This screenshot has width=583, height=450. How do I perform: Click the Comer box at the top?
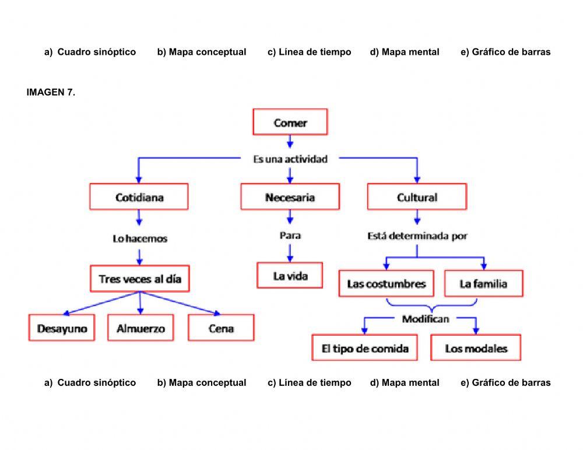(x=290, y=122)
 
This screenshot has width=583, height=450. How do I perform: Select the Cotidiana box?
(x=139, y=197)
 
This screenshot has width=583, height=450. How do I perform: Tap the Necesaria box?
(x=290, y=197)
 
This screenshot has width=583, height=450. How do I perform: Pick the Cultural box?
(x=417, y=197)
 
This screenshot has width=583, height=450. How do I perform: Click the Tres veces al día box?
(x=140, y=279)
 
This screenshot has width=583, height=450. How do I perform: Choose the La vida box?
(x=290, y=275)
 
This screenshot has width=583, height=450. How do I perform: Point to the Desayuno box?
(x=62, y=328)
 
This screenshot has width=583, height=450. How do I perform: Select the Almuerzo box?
(x=141, y=328)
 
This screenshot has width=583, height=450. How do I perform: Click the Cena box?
(x=221, y=328)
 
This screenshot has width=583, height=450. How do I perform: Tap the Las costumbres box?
(x=386, y=284)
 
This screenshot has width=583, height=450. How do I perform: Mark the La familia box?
(x=483, y=284)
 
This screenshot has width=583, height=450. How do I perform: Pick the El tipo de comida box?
(x=365, y=349)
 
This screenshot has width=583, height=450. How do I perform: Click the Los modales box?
(x=476, y=349)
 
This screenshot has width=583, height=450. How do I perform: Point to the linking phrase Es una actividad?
(x=290, y=159)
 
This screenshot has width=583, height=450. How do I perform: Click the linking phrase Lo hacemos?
(x=139, y=238)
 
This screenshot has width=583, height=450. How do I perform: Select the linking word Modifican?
(x=425, y=319)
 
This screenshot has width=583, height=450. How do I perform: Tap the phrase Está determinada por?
(x=417, y=236)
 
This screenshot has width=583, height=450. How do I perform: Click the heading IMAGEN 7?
(x=51, y=92)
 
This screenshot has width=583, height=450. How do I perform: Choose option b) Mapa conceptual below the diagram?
(x=202, y=382)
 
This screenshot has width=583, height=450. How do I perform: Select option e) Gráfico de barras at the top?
(x=505, y=52)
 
